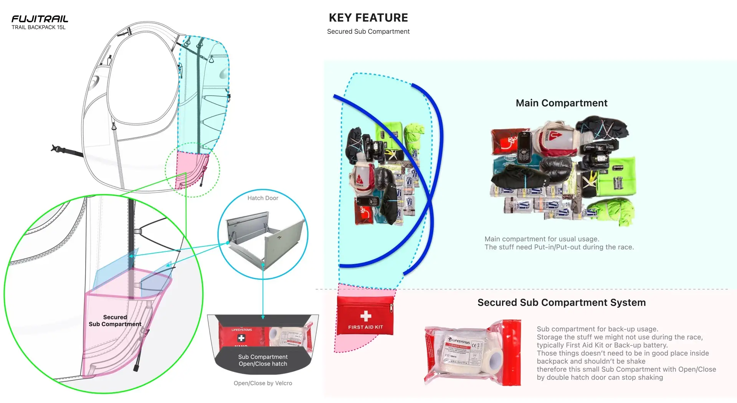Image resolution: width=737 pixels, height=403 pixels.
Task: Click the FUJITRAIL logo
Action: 40,19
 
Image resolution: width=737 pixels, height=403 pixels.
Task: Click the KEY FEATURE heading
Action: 368,18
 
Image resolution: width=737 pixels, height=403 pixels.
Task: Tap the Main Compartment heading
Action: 561,103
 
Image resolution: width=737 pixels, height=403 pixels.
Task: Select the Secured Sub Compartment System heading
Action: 561,302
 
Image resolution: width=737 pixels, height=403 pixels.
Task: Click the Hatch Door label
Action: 263,198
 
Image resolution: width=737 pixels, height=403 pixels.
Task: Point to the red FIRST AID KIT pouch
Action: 365,315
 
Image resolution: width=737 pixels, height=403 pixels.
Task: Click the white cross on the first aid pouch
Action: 365,316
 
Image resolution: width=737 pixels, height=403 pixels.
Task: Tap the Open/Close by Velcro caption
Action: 263,383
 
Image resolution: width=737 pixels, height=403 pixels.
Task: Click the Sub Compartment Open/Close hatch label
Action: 263,360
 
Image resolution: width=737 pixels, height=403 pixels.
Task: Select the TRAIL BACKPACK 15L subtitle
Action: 38,27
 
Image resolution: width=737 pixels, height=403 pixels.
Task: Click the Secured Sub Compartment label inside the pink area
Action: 115,320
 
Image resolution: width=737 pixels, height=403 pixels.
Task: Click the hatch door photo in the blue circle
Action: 265,238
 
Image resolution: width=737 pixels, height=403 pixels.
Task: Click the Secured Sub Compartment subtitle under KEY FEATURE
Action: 368,31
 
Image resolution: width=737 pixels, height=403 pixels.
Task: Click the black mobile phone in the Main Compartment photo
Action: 524,146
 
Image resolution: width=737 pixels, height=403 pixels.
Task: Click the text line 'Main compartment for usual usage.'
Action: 542,239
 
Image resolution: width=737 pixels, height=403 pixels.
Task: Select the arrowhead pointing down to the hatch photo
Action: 263,317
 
